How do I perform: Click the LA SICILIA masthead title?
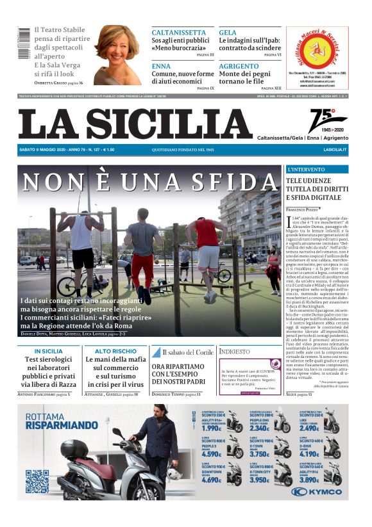coord(135,124)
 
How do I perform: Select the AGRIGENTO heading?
coord(239,66)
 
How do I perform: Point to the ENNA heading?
coord(161,66)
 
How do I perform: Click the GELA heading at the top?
coord(228,32)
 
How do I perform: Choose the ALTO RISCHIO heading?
coord(115,352)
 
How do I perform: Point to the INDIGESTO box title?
coord(235,352)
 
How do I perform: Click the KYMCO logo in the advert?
coord(316,491)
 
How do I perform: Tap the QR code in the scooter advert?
coord(37,481)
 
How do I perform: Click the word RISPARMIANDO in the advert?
coord(62,425)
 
